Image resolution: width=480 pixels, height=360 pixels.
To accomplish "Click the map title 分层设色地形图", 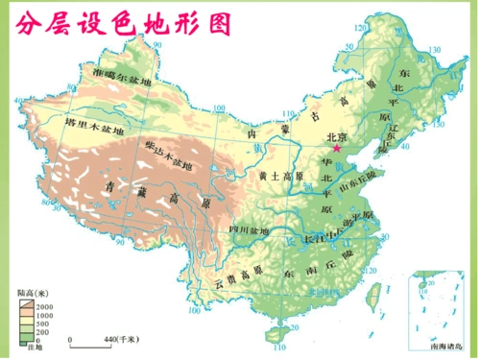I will (124, 24).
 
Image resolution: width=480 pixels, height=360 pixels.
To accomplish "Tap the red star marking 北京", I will (338, 150).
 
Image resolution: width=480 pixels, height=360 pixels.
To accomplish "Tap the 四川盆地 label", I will (249, 230).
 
